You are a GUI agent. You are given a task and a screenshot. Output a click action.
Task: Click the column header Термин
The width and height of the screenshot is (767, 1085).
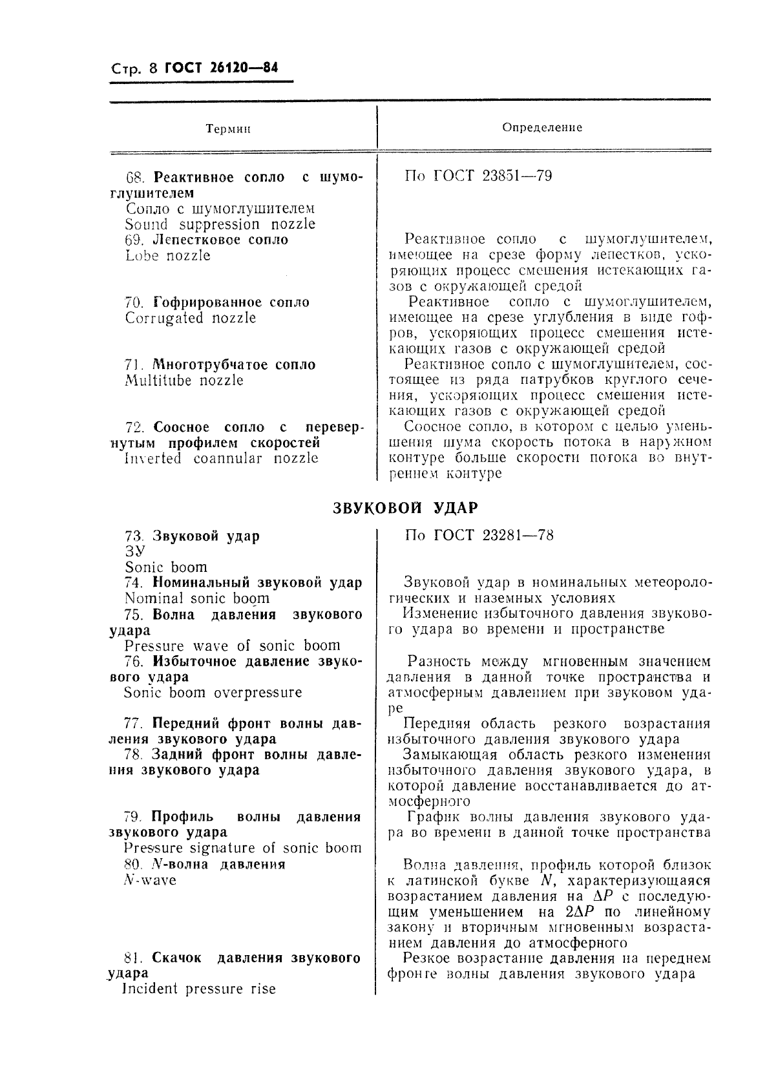coord(227,129)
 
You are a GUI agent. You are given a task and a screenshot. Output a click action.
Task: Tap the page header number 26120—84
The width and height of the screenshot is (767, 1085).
coord(242,67)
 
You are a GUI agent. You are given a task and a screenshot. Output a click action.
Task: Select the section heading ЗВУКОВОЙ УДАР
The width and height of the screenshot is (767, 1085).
coord(405,508)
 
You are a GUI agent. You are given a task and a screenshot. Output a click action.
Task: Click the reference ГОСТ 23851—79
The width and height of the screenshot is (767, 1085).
coord(496,176)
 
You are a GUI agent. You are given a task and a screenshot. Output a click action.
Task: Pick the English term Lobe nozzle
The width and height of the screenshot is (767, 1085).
coord(167,256)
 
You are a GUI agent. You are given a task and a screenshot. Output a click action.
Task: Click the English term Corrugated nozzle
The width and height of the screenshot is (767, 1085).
coord(191,318)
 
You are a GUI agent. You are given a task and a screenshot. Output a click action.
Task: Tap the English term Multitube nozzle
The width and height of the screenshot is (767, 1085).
coord(184,381)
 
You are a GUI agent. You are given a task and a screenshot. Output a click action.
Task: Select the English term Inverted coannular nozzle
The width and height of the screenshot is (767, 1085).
coord(221,458)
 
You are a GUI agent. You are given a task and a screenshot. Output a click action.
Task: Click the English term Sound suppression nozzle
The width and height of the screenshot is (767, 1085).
coord(220,225)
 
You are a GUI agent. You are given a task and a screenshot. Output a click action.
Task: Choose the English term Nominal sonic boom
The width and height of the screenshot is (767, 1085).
coord(197,598)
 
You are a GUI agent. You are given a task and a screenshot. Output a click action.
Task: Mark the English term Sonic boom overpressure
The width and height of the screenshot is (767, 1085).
coord(213,693)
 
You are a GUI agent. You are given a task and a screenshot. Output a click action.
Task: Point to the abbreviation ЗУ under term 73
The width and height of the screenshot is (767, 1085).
coord(134,551)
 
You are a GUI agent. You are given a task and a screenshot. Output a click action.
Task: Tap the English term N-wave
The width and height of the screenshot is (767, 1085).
coord(149,880)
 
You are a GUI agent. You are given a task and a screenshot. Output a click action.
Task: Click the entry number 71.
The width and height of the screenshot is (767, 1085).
coord(133,365)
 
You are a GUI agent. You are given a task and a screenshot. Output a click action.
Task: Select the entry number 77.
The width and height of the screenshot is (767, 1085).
coord(133,723)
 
